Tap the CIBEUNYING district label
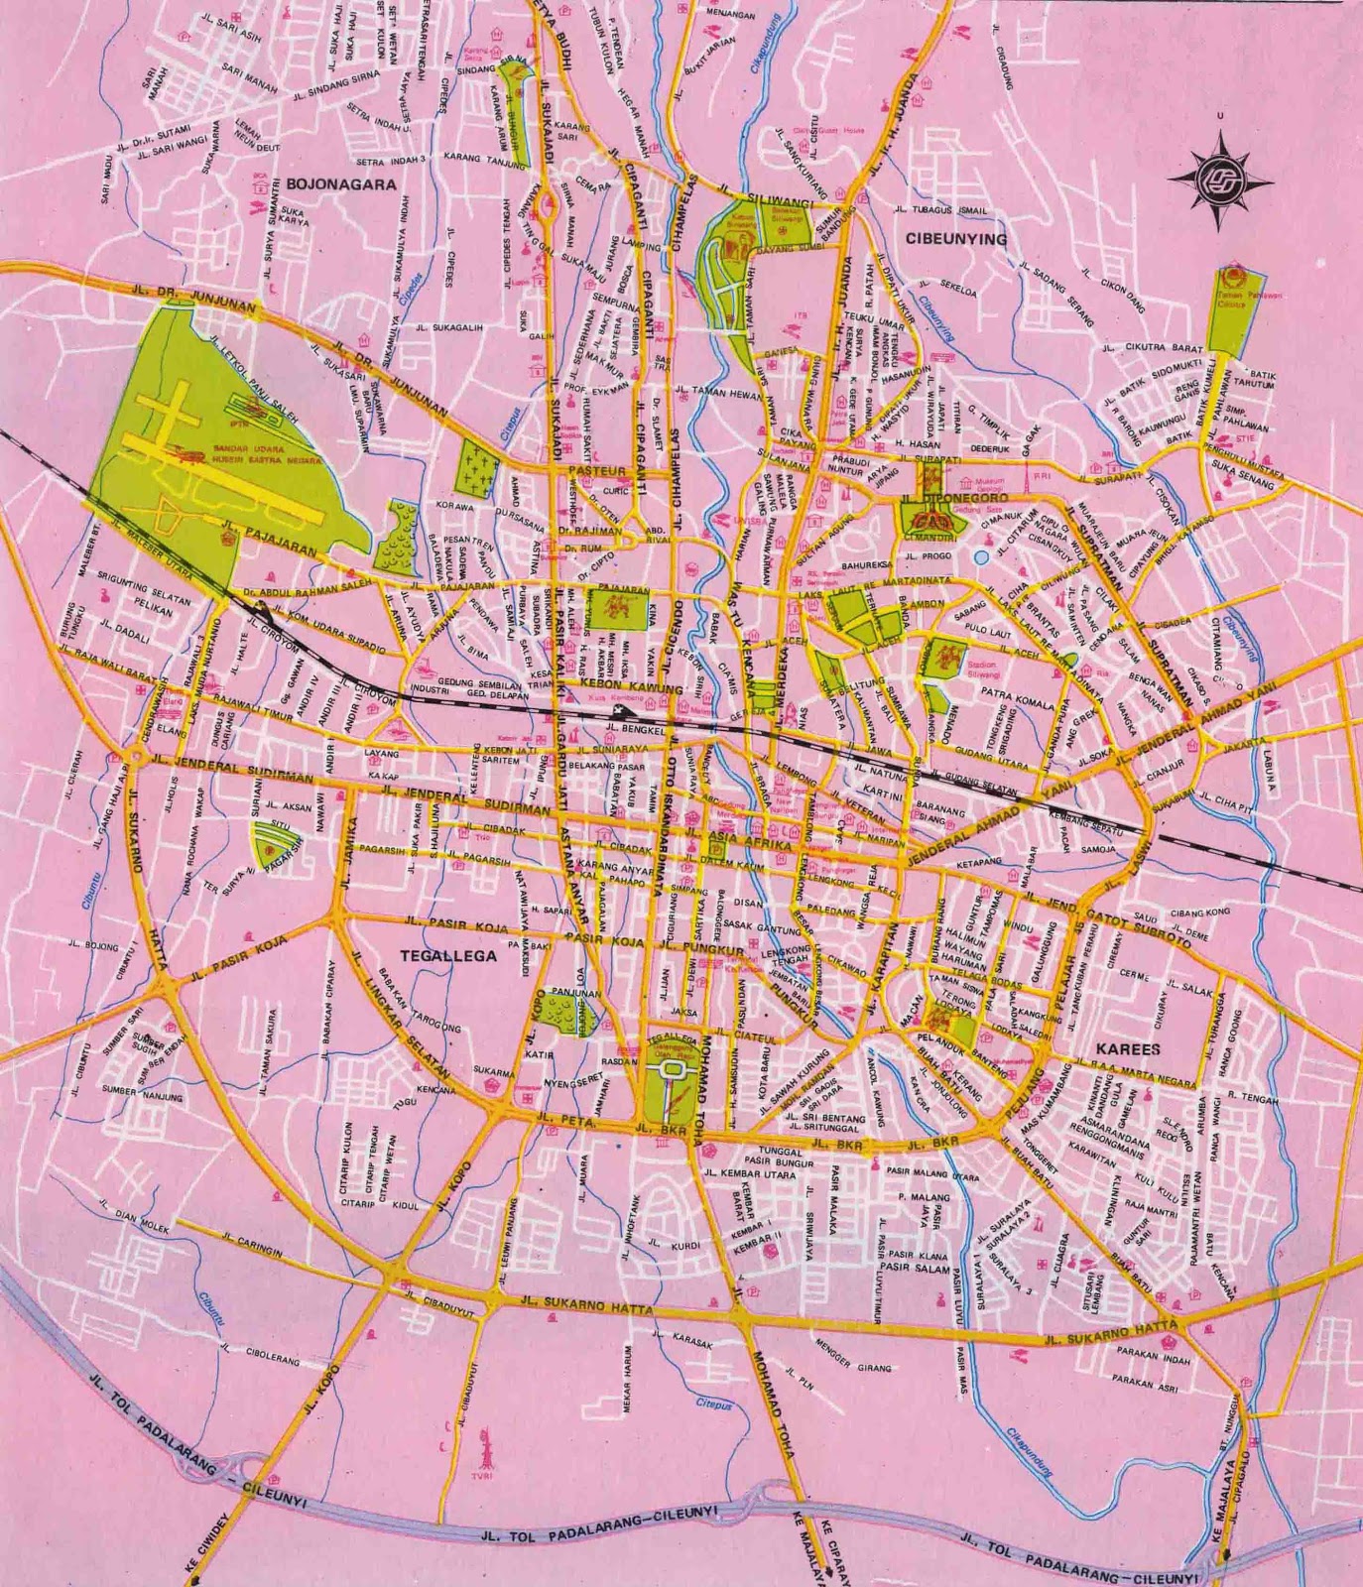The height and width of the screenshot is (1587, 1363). [955, 239]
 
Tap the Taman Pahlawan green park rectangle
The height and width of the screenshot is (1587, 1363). [1232, 310]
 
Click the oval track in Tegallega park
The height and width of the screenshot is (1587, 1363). [672, 1070]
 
